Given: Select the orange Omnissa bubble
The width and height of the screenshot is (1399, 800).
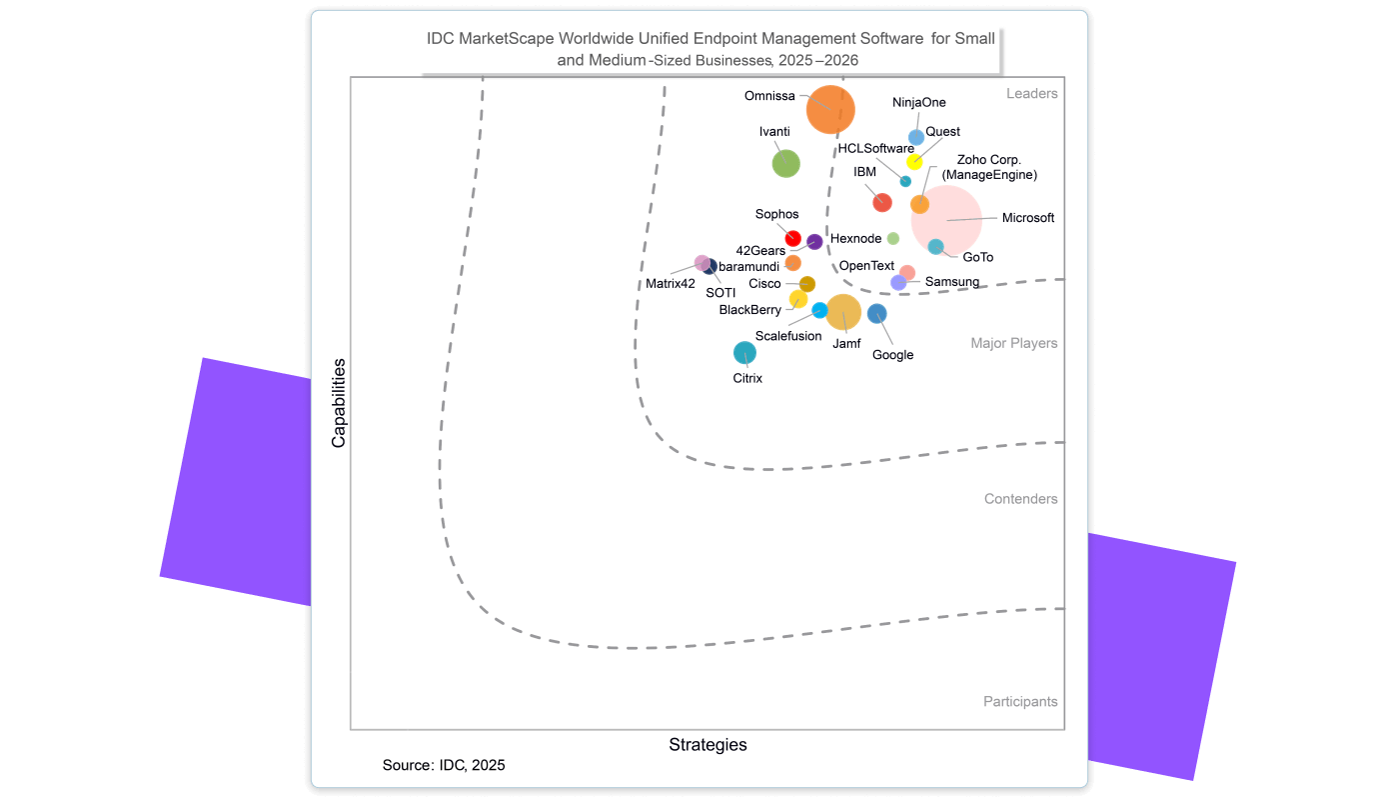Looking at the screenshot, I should click(830, 109).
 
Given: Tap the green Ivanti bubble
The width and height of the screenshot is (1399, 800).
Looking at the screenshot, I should click(786, 163).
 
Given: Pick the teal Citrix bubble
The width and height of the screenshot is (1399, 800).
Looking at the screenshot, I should click(744, 352).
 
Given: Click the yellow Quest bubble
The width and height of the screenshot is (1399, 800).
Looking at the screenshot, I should click(914, 161).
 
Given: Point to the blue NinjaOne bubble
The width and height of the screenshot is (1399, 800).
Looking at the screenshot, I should click(916, 137).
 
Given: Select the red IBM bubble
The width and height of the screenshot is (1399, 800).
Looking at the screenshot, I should click(882, 202).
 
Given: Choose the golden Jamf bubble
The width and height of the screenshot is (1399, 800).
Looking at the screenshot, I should click(843, 312).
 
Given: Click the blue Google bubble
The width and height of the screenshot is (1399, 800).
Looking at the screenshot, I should click(877, 313).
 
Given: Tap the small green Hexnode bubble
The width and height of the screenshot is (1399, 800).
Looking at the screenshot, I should click(893, 238).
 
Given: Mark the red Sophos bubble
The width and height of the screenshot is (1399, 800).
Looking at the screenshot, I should click(793, 238).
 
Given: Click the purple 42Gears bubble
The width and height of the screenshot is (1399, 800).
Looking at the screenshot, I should click(814, 241).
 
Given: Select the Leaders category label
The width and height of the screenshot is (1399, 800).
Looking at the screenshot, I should click(1031, 94).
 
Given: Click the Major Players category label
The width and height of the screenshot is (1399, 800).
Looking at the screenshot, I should click(1013, 343).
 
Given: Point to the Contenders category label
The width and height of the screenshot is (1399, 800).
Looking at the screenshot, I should click(1020, 499).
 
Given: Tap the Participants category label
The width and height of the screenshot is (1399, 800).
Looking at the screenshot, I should click(1020, 702).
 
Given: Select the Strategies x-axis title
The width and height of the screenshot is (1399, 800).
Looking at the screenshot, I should click(707, 745).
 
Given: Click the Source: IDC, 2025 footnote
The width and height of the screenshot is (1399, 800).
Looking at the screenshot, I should click(444, 765).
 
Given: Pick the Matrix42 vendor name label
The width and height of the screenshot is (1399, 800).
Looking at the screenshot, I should click(670, 283).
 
